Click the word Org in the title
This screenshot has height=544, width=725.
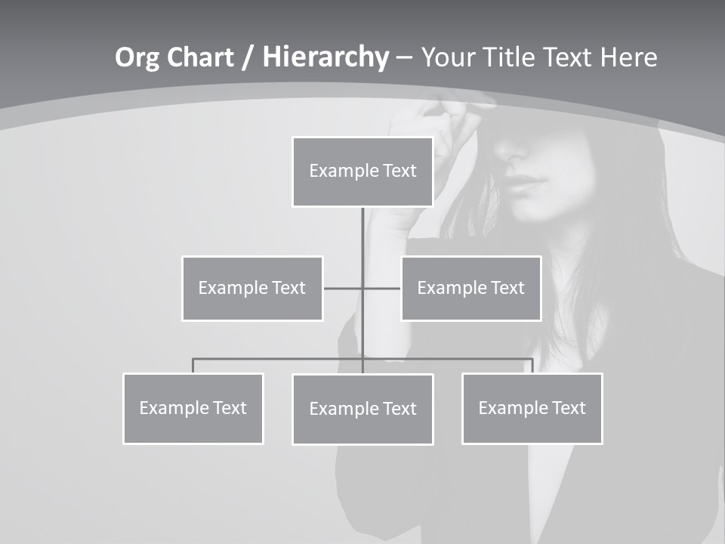pos(137,57)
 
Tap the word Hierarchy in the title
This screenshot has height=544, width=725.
pos(325,57)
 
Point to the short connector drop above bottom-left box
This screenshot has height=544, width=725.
pos(193,366)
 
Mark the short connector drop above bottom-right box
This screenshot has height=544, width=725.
pos(532,366)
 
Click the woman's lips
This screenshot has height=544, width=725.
pos(525,184)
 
